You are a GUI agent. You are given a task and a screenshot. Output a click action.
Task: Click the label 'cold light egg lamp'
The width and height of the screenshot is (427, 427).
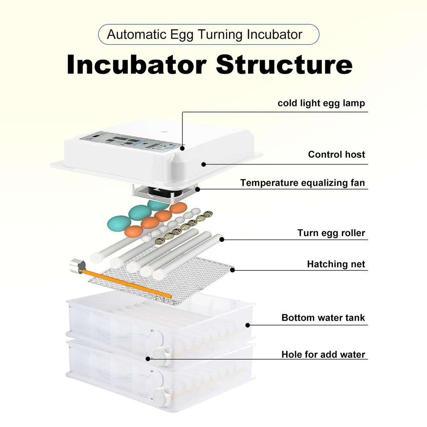pyautogui.click(x=321, y=103)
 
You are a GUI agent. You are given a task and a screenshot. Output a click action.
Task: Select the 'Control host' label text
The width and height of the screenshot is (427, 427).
pyautogui.click(x=336, y=154)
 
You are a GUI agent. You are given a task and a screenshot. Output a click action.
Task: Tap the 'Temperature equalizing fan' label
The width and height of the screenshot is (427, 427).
pyautogui.click(x=302, y=183)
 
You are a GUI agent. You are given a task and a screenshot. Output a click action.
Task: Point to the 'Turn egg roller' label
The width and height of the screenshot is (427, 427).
pyautogui.click(x=331, y=233)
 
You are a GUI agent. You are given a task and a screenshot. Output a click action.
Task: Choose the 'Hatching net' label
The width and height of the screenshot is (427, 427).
pyautogui.click(x=336, y=264)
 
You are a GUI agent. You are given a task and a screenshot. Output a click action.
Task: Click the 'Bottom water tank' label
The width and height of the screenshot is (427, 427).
pyautogui.click(x=323, y=318)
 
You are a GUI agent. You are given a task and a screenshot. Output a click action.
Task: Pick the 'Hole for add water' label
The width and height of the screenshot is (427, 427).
pyautogui.click(x=323, y=354)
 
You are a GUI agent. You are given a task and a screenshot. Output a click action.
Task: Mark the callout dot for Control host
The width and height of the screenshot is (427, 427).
pyautogui.click(x=204, y=164)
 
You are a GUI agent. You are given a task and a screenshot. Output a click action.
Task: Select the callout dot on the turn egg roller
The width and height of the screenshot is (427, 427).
pyautogui.click(x=222, y=240)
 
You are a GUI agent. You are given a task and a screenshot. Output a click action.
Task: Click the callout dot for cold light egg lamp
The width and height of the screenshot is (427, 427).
pyautogui.click(x=182, y=149)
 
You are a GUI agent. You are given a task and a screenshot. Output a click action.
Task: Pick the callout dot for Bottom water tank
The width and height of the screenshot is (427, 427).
pyautogui.click(x=246, y=325)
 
